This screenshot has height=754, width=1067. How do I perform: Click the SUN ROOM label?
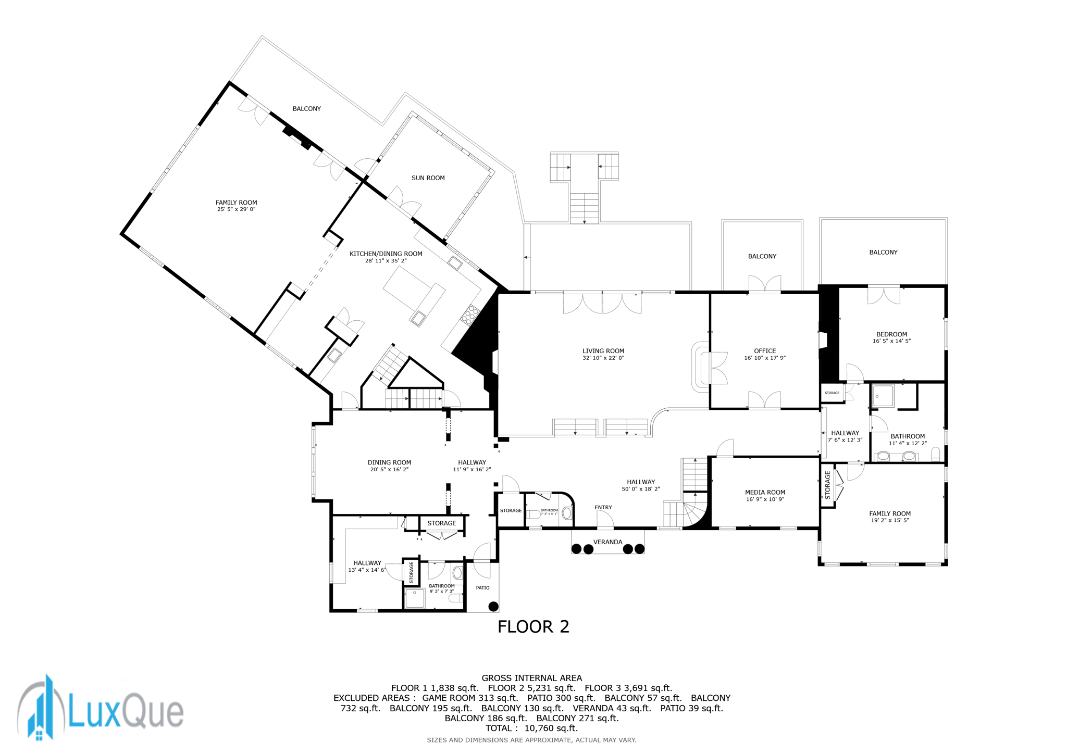coord(428,178)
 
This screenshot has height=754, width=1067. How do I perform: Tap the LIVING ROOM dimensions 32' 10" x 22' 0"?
coord(603,358)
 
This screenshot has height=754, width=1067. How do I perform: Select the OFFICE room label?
coord(764,351)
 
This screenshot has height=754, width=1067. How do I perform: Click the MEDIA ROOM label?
coord(764,493)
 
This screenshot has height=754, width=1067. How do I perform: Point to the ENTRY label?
coord(603,507)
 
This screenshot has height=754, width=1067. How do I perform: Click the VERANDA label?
coord(607,542)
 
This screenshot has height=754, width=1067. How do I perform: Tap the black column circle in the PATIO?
coord(493,606)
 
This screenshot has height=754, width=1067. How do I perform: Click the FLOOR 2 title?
coord(533,626)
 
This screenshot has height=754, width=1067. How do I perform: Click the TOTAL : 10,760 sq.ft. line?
coord(531,728)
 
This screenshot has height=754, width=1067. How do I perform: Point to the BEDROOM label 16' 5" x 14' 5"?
coord(891,337)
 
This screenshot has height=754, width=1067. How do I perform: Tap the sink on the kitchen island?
coord(418,318)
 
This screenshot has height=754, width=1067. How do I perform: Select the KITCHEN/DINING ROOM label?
coord(386,254)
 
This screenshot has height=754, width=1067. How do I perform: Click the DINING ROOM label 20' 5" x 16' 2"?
coord(389,466)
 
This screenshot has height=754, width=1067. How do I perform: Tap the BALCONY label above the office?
coord(762,256)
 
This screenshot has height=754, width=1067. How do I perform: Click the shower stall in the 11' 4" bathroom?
coord(883,396)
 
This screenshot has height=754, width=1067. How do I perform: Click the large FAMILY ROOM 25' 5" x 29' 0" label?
coord(236,206)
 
